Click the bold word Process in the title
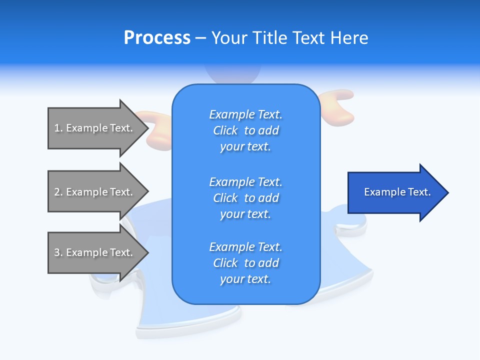click(157, 38)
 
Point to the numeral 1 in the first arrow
click(57, 128)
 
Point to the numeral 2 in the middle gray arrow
click(57, 192)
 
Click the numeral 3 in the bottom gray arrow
click(57, 252)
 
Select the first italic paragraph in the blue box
click(245, 130)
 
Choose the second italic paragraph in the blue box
click(245, 198)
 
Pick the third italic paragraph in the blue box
click(245, 263)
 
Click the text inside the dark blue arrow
click(397, 192)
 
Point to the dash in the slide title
click(201, 38)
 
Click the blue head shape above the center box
click(232, 75)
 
